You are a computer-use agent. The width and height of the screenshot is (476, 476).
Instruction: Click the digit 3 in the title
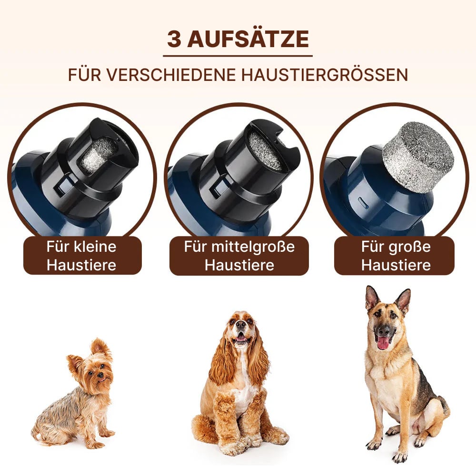click(x=174, y=39)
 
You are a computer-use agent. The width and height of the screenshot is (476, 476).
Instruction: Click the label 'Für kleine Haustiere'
click(x=82, y=255)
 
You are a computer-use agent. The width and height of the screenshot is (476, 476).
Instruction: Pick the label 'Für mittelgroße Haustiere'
click(x=239, y=255)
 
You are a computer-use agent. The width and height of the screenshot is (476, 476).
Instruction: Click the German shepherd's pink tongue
click(x=383, y=342)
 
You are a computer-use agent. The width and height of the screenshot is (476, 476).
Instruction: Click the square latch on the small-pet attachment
click(x=63, y=186)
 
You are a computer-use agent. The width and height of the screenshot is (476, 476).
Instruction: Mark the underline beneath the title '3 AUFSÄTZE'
click(x=238, y=56)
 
